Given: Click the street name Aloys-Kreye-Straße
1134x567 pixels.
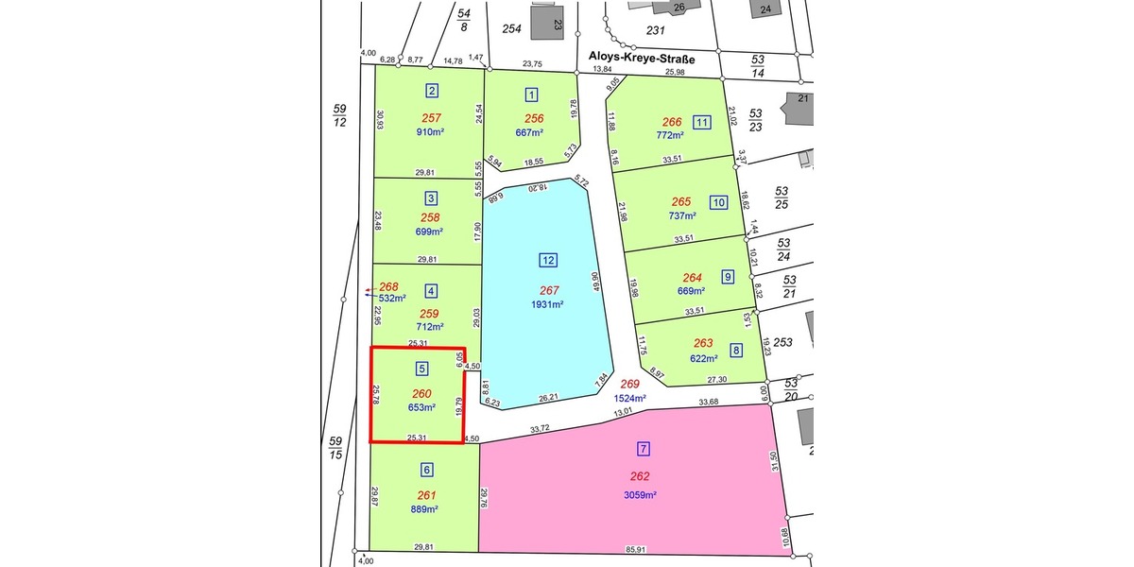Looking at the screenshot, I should [642, 59].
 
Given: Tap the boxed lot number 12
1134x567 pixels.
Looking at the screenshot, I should [548, 260].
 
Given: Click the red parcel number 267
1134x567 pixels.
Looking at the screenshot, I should [548, 290].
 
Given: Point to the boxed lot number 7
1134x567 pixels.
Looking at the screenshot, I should [644, 448].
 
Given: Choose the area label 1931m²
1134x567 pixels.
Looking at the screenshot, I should [547, 304].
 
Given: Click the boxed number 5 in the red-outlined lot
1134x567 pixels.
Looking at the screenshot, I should [421, 368].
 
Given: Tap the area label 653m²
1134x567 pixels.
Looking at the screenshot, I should [421, 408].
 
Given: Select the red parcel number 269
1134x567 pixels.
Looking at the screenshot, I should [630, 385].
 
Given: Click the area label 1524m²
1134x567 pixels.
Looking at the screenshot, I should [628, 399].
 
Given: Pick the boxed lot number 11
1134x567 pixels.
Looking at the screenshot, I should [701, 122].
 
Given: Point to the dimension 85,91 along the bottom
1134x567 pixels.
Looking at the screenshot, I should [634, 548].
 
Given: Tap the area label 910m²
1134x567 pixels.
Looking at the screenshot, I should [430, 132].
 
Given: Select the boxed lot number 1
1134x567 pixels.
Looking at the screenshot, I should [532, 94].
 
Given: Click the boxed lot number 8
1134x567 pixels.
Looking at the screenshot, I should [736, 351].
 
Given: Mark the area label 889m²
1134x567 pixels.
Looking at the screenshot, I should [425, 509].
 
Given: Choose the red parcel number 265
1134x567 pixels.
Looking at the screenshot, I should [681, 201].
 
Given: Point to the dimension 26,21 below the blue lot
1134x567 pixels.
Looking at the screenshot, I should [550, 398].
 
